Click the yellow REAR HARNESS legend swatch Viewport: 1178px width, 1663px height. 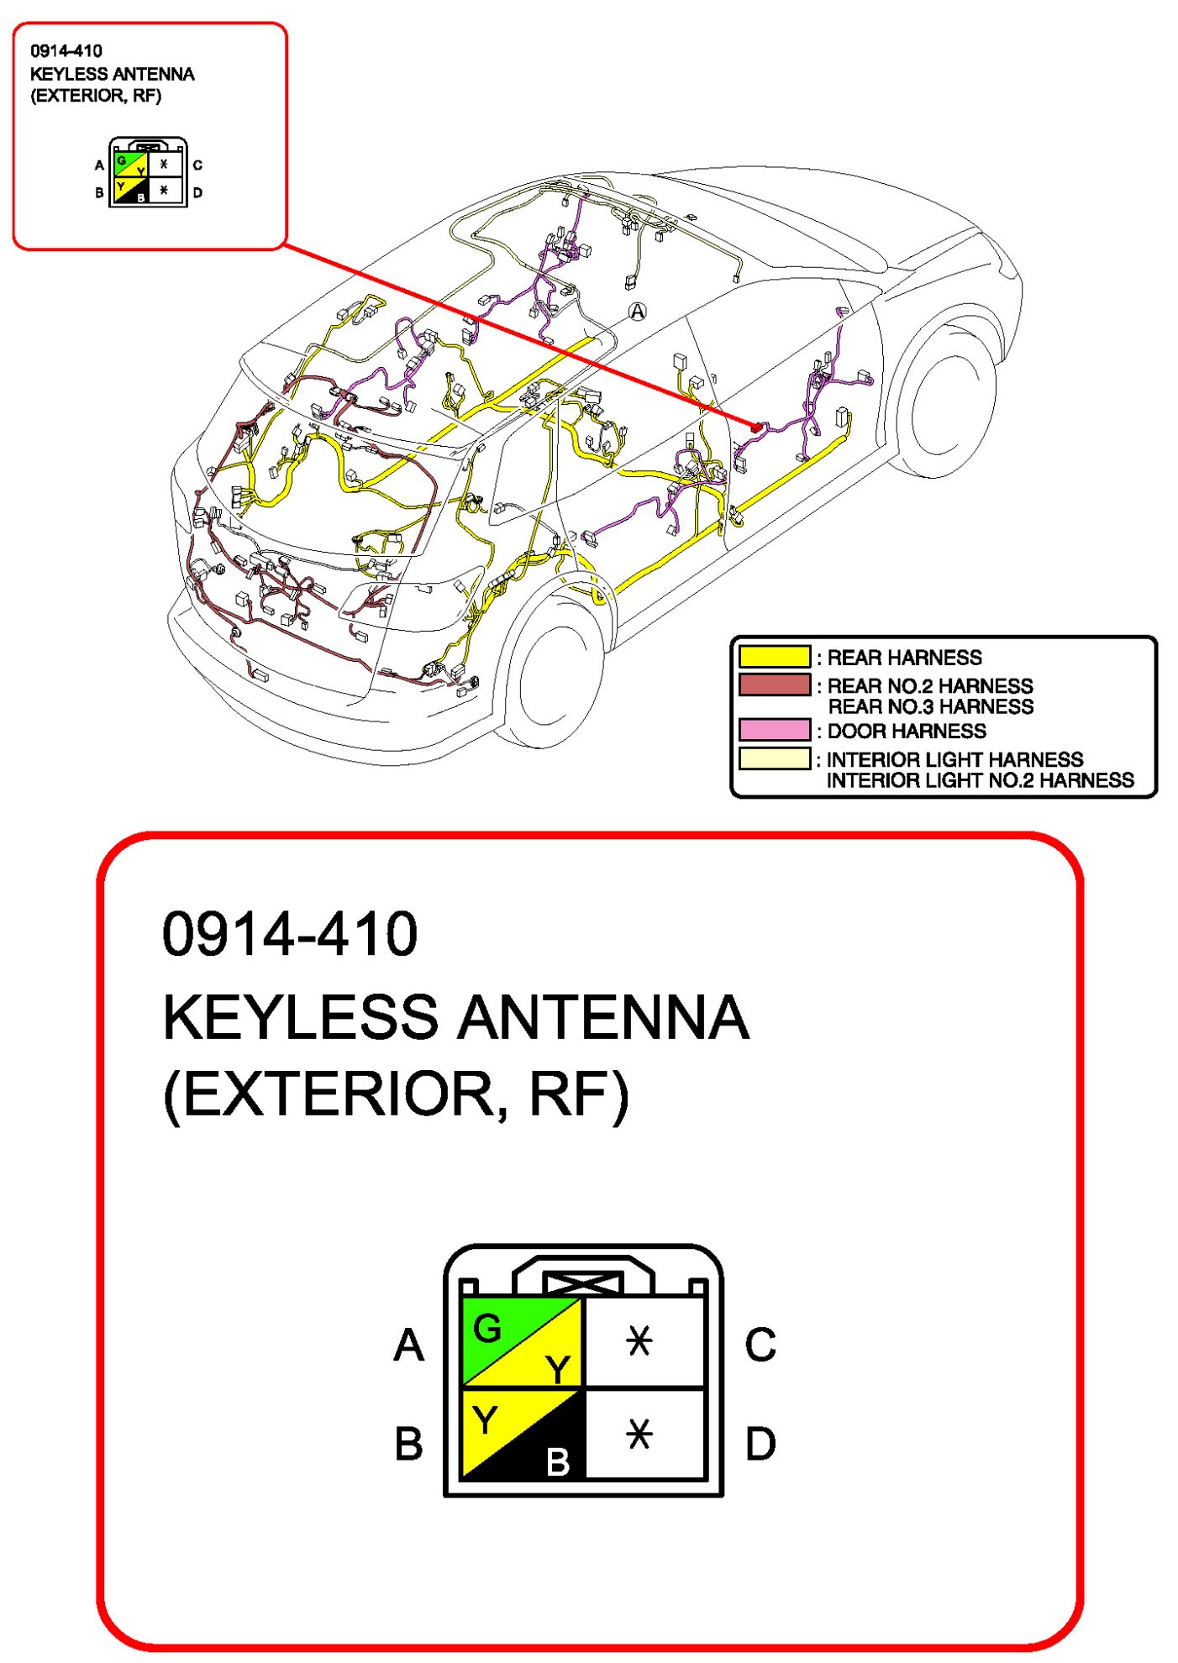pyautogui.click(x=774, y=656)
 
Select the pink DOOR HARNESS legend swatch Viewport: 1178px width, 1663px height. pyautogui.click(x=774, y=729)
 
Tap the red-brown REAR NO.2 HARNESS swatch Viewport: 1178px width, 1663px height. pyautogui.click(x=774, y=685)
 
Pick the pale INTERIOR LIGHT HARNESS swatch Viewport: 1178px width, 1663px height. pyautogui.click(x=774, y=758)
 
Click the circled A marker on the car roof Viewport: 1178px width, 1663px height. pyautogui.click(x=638, y=312)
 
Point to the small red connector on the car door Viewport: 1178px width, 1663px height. pyautogui.click(x=755, y=428)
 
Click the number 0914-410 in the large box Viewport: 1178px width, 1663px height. pyautogui.click(x=289, y=933)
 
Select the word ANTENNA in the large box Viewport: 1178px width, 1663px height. pyautogui.click(x=602, y=1017)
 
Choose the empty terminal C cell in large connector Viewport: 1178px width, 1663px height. pyautogui.click(x=643, y=1340)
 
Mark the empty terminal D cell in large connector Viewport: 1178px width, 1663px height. pyautogui.click(x=643, y=1434)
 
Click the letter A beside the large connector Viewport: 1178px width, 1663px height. pyautogui.click(x=409, y=1345)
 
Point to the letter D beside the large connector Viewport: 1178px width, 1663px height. pyautogui.click(x=760, y=1444)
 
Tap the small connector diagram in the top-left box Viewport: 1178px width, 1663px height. pyautogui.click(x=148, y=172)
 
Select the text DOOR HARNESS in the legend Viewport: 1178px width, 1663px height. pyautogui.click(x=906, y=731)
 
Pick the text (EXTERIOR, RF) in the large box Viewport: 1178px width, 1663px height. pyautogui.click(x=395, y=1094)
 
